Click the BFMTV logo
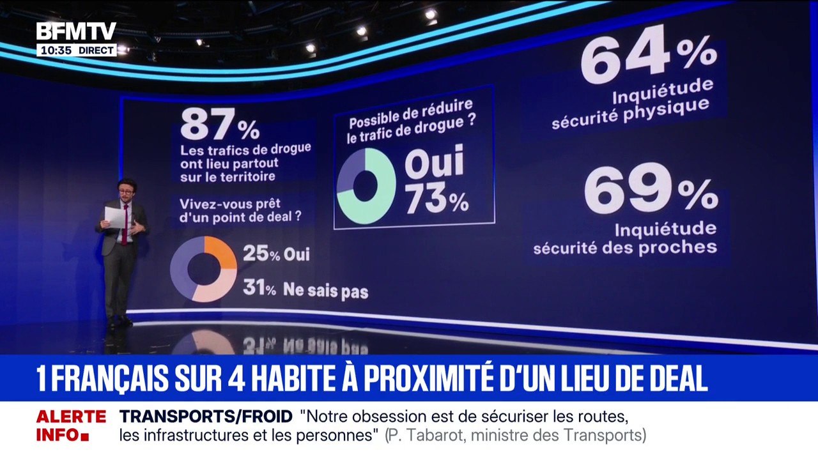tap(76, 31)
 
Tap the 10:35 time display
tap(55, 50)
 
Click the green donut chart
tap(366, 187)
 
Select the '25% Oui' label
tap(276, 254)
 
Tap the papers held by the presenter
tap(115, 217)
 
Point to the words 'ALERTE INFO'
tap(70, 426)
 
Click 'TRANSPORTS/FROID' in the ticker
tap(206, 417)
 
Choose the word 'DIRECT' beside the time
tap(96, 50)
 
